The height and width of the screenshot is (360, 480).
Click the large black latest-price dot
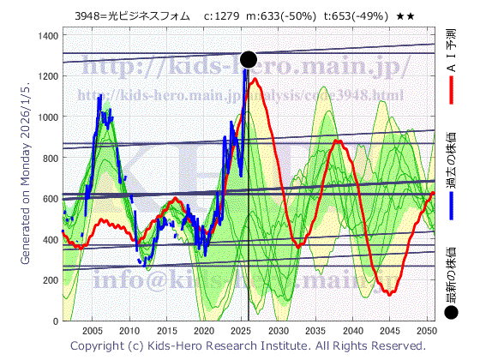249,59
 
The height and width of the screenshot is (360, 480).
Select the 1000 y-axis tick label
50,117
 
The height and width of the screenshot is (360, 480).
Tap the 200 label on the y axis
53,280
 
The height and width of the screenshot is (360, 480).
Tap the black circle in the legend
452,314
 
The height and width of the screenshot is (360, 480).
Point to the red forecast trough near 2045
390,293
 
